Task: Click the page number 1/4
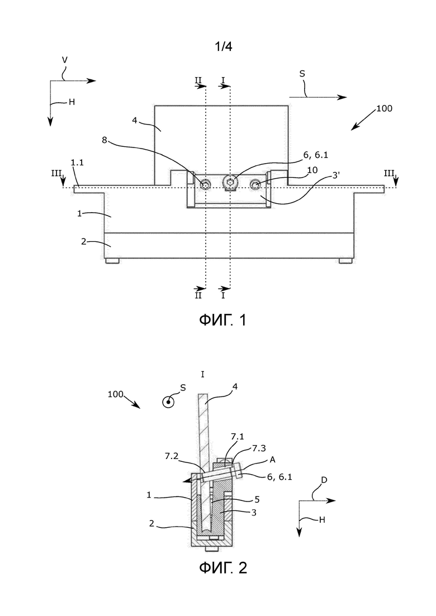223,47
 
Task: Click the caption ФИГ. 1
222,320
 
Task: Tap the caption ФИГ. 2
222,567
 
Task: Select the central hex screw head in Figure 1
229,182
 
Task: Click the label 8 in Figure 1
104,140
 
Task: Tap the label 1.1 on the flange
77,163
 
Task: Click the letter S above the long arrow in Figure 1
302,74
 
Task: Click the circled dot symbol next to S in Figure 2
169,402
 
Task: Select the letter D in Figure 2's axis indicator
324,480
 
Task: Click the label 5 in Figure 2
257,500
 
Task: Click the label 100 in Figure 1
384,108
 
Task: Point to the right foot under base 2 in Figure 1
346,260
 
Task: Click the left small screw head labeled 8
206,184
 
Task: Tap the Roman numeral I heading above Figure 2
202,374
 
